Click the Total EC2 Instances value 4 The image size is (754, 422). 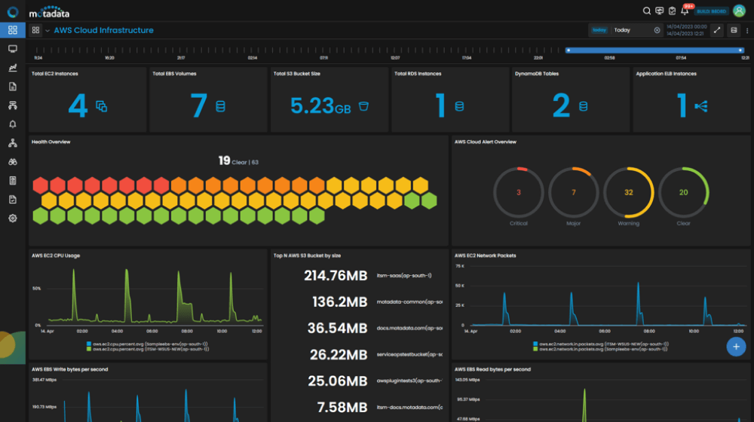tap(78, 106)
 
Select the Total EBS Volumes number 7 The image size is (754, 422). tap(198, 106)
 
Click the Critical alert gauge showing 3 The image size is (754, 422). tap(519, 193)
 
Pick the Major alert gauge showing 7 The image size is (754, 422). tap(574, 193)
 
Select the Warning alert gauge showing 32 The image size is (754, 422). tap(629, 193)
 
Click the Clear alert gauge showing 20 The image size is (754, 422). tap(684, 193)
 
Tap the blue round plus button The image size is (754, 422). tap(736, 346)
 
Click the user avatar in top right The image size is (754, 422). tap(739, 11)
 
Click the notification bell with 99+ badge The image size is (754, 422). tap(685, 11)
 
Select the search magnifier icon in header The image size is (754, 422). tap(646, 11)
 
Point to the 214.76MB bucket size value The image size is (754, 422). tap(336, 276)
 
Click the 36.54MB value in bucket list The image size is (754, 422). tap(337, 328)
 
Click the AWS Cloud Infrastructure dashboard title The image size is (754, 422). tap(103, 31)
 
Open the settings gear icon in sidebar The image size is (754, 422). tap(13, 218)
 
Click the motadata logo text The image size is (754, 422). tap(52, 13)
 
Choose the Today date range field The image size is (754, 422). tap(633, 30)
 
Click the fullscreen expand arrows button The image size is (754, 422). tap(717, 30)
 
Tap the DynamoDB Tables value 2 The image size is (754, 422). tap(561, 106)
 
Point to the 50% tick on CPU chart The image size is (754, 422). tap(36, 289)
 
